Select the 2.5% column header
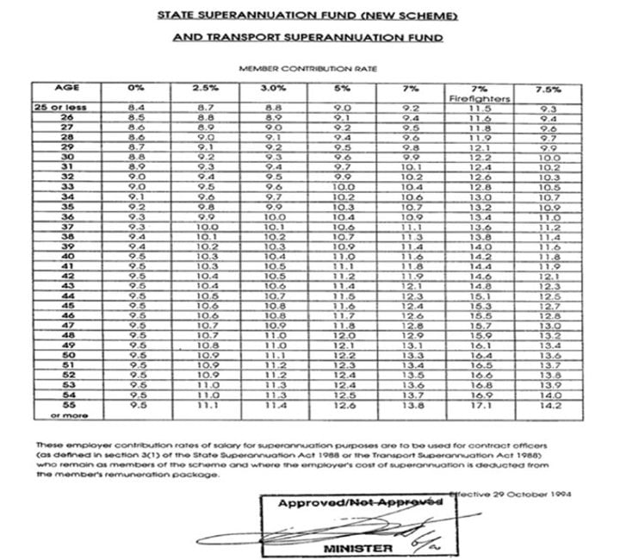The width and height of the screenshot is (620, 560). click(203, 89)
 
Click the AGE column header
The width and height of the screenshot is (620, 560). click(66, 88)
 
